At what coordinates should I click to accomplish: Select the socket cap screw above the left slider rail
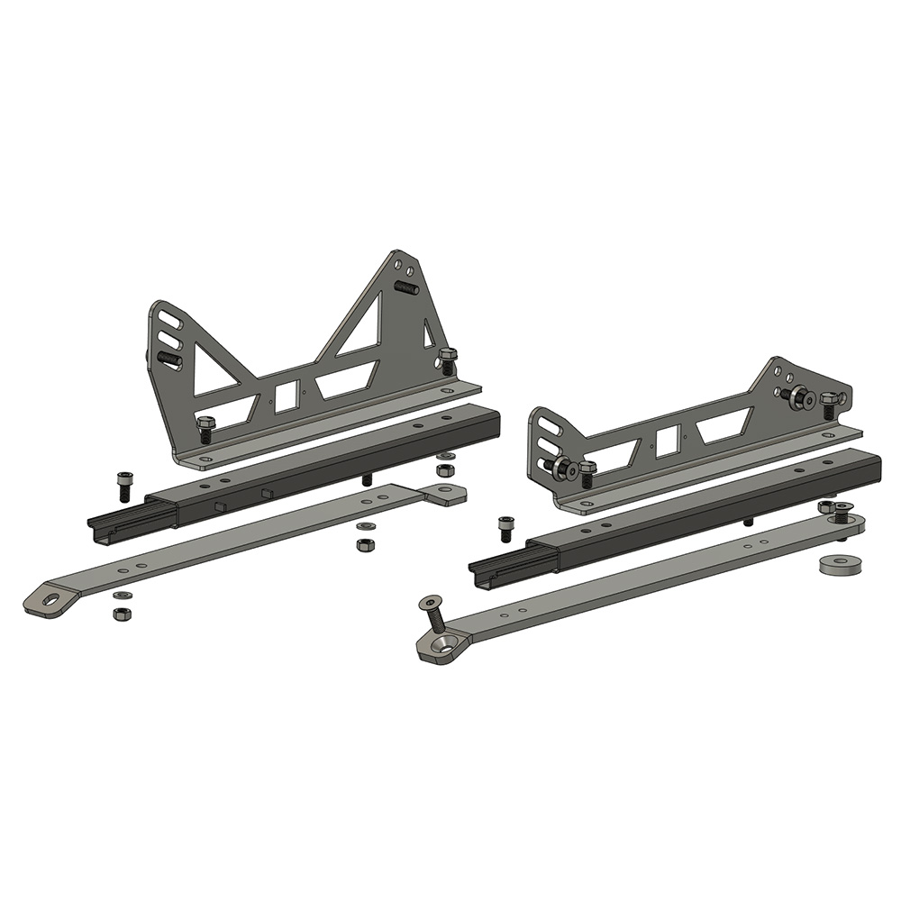(124, 486)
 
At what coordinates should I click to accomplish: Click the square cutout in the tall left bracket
(286, 396)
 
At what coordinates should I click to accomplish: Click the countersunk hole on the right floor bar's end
(444, 643)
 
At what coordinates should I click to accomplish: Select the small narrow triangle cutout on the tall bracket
(429, 336)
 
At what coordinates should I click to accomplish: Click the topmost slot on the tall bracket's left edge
(171, 323)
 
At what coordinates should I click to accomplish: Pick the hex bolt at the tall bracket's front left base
(205, 428)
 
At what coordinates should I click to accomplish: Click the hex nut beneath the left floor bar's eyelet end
(122, 614)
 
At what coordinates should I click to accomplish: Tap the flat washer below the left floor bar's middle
(365, 525)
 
